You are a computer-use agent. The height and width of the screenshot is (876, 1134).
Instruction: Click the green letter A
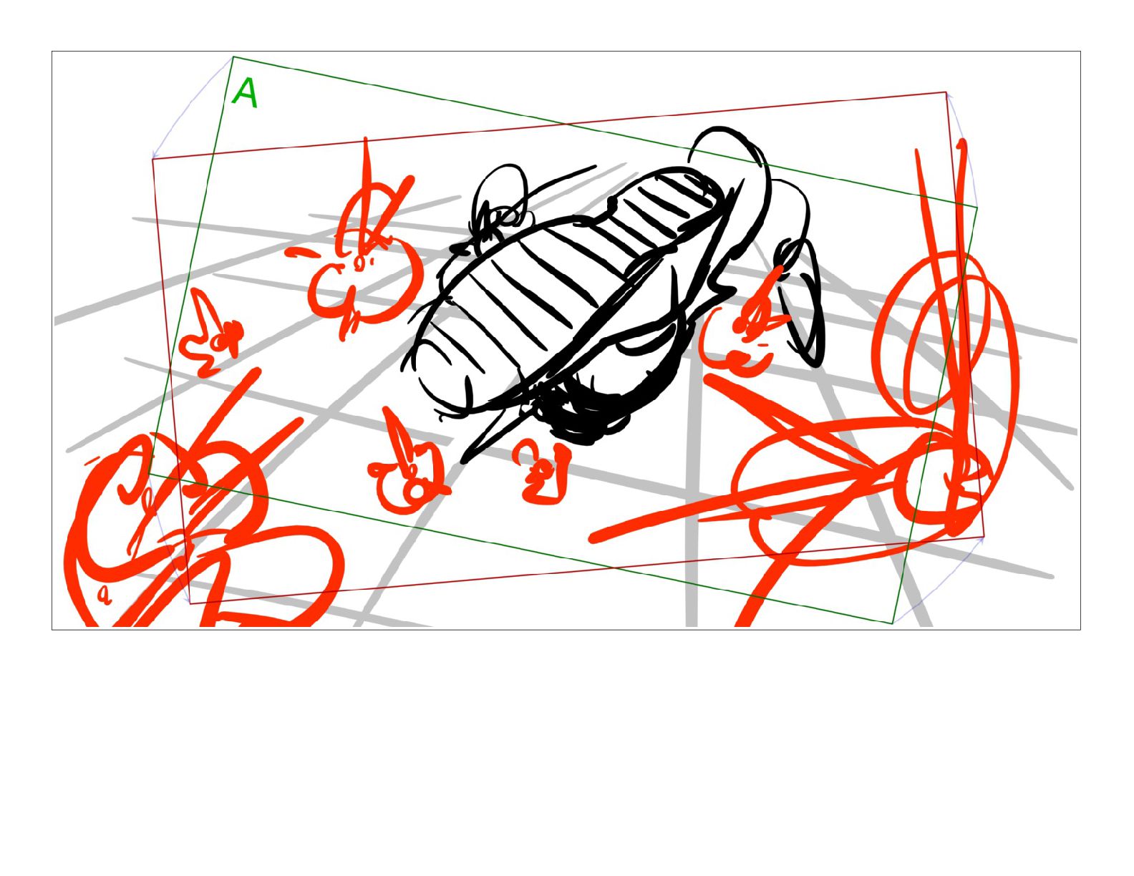pos(246,93)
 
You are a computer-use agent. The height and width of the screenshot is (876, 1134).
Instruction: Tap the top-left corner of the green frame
pos(233,57)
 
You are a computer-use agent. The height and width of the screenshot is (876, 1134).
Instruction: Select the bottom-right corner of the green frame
pos(893,623)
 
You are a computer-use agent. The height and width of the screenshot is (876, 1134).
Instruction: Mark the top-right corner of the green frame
pos(977,207)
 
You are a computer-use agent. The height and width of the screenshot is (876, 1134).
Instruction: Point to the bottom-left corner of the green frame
pos(150,474)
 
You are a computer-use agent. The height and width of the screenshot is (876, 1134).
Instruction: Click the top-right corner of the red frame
pos(946,92)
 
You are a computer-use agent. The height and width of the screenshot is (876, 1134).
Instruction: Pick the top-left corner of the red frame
pos(152,159)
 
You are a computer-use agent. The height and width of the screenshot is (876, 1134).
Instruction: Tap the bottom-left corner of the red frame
pos(190,603)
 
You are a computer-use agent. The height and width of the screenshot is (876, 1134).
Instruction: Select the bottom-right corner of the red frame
pos(984,536)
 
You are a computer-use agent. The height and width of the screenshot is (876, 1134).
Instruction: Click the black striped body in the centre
pos(569,292)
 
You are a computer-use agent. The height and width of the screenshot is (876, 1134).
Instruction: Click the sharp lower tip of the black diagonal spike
pos(463,462)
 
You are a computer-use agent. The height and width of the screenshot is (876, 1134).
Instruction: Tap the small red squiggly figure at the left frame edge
pos(209,334)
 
